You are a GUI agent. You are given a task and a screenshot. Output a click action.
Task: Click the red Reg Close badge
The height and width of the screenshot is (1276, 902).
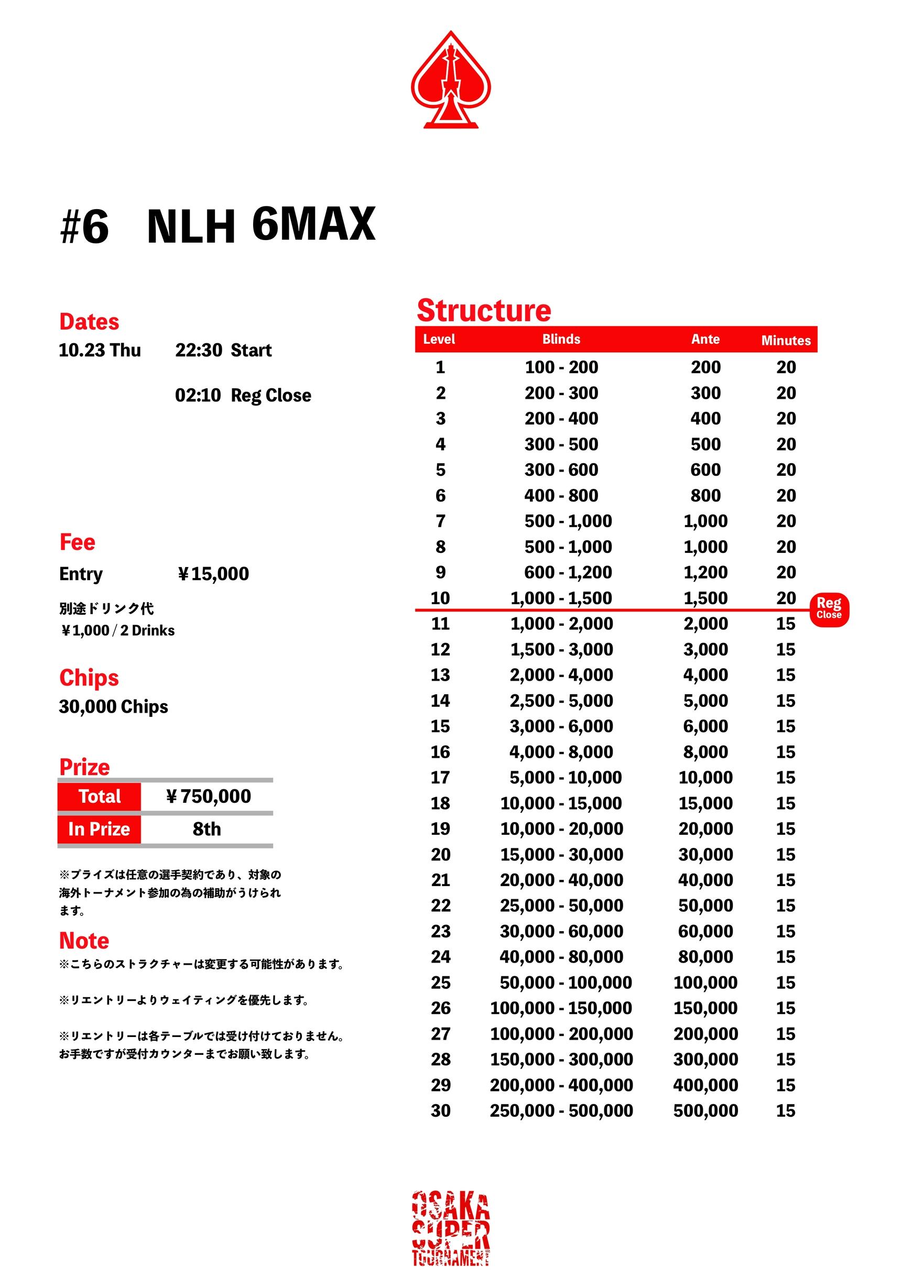(x=829, y=609)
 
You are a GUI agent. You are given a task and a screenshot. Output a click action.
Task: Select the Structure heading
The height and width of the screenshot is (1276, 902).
(x=484, y=310)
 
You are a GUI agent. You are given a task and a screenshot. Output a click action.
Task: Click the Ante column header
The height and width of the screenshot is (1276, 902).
(x=705, y=339)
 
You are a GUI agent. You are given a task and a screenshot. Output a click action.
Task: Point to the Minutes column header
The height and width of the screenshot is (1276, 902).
(x=785, y=340)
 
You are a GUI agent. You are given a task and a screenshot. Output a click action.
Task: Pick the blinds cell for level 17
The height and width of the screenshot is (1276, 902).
(x=565, y=777)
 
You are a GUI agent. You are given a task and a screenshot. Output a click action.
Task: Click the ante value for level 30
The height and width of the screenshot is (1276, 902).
(x=705, y=1110)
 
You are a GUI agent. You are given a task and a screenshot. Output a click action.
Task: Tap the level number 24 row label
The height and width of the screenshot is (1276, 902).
(x=440, y=956)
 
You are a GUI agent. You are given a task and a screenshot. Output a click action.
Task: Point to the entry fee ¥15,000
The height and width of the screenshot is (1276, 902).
(x=213, y=573)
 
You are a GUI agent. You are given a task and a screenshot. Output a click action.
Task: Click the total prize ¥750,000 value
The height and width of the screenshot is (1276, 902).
(x=209, y=796)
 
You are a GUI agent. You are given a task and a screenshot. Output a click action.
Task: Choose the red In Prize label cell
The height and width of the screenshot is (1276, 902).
(x=99, y=828)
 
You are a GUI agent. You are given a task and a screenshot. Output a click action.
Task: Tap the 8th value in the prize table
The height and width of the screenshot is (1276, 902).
(x=207, y=828)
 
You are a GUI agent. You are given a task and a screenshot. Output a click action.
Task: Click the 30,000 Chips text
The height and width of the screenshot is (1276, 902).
(x=113, y=706)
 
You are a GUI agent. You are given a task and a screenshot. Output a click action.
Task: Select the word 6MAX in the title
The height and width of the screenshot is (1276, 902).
(x=313, y=223)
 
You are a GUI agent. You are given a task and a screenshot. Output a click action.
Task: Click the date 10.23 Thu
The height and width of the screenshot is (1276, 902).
(x=100, y=350)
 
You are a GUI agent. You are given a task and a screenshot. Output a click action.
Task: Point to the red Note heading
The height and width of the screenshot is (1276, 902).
(x=84, y=941)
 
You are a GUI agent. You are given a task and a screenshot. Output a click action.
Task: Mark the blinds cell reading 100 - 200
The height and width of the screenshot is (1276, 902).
(x=561, y=367)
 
